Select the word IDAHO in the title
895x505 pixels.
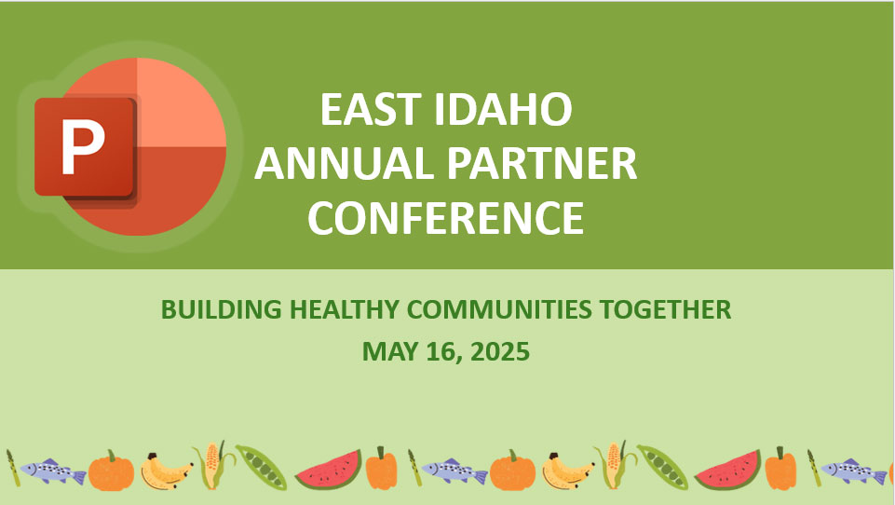[x=503, y=109]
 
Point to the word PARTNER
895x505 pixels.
[x=542, y=163]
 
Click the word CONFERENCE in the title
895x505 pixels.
[x=446, y=218]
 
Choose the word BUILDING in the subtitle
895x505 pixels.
[x=222, y=309]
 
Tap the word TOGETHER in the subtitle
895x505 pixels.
[x=665, y=309]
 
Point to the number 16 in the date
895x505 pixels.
[x=441, y=351]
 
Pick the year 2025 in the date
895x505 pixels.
[x=500, y=351]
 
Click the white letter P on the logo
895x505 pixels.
[x=83, y=147]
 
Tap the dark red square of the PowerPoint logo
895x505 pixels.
[x=86, y=147]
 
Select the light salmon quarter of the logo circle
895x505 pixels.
[x=182, y=102]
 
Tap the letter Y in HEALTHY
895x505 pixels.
[x=390, y=309]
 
